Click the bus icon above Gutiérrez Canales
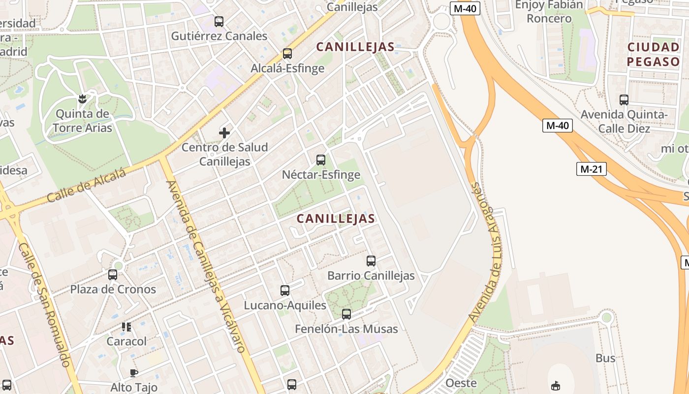[x=219, y=22]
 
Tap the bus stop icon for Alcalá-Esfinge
[x=287, y=54]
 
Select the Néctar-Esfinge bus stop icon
[x=321, y=160]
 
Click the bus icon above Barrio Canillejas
[x=371, y=261]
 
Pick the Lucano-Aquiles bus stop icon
[x=285, y=291]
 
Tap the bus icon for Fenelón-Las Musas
[x=346, y=314]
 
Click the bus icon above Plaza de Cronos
[x=113, y=274]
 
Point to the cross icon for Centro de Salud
[x=224, y=132]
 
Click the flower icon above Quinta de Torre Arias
[x=83, y=99]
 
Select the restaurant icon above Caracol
[x=126, y=327]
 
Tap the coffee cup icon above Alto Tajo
[x=134, y=373]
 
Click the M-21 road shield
[x=591, y=169]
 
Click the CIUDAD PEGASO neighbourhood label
[x=653, y=55]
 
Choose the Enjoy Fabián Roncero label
[x=549, y=12]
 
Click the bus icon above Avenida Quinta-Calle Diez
[x=624, y=100]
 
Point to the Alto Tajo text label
[x=134, y=388]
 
